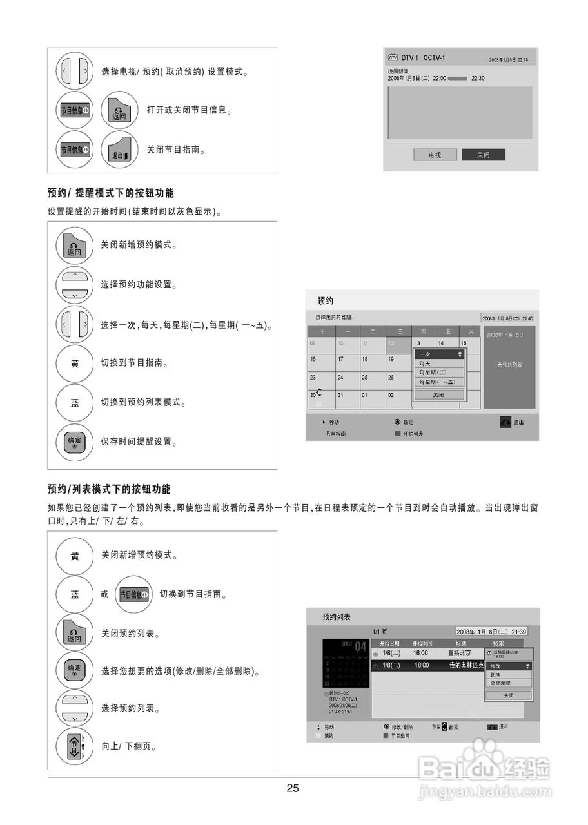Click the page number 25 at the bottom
pos(293,788)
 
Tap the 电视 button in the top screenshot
pos(435,155)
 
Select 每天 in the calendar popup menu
pos(426,364)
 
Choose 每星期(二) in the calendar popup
pos(433,373)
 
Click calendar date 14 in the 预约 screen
pos(441,344)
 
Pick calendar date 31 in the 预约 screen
pos(341,395)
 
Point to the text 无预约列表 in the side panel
pos(509,365)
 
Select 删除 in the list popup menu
pos(496,674)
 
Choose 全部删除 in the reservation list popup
pos(500,683)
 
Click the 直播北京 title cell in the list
pos(460,654)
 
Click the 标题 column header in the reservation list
pos(461,643)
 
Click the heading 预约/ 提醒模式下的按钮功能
pos(110,193)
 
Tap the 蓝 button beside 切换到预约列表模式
pos(75,403)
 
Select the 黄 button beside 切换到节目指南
pos(75,364)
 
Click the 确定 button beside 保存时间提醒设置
pos(75,443)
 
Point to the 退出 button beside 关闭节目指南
pos(120,150)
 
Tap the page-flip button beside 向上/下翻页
pos(75,747)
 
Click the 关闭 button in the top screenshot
pos(483,155)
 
